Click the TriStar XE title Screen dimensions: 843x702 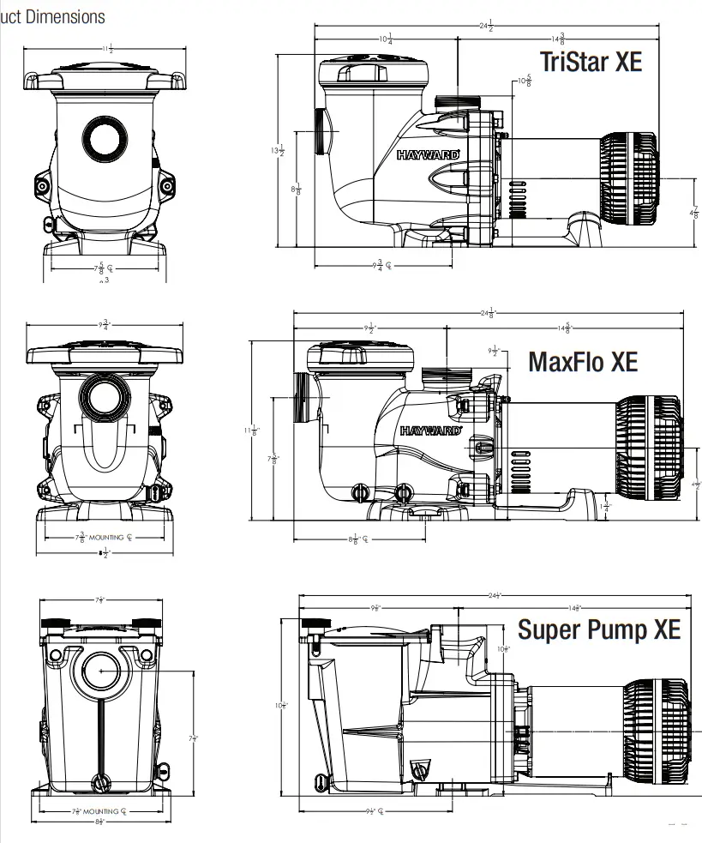590,62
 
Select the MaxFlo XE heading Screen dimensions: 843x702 583,361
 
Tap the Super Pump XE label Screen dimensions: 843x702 598,629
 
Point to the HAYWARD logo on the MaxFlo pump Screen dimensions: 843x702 431,431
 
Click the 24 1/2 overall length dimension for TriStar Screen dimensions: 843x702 485,26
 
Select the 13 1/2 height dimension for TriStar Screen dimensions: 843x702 277,151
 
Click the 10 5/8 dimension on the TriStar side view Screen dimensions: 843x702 523,82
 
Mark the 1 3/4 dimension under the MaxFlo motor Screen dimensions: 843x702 607,506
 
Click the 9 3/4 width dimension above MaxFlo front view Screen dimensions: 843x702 105,325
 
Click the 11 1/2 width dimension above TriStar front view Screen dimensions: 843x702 106,49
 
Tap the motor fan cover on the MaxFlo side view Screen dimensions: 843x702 648,437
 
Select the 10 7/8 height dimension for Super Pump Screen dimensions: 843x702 280,706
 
